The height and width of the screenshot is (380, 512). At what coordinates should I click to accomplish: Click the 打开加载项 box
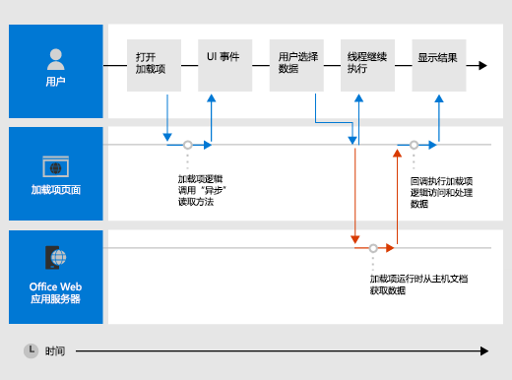pos(154,65)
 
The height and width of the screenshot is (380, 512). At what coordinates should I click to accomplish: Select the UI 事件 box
pos(224,65)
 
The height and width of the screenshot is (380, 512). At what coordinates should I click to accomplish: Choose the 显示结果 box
pos(437,65)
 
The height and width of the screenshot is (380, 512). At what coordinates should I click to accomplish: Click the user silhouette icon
pos(55,57)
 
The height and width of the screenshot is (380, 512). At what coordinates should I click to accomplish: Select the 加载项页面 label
pos(55,190)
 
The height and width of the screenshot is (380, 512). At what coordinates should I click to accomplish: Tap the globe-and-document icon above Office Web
pos(55,259)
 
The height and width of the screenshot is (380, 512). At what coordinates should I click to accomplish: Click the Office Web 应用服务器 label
pos(55,292)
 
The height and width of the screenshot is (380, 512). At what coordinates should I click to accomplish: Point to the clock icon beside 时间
pos(32,349)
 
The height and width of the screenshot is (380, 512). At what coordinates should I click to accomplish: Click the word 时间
pos(55,349)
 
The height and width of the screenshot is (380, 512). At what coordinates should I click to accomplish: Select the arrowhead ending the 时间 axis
pos(483,349)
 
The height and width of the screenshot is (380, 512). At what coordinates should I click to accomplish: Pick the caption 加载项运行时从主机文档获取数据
pos(412,285)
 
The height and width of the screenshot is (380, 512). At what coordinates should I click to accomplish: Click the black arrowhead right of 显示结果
pos(482,65)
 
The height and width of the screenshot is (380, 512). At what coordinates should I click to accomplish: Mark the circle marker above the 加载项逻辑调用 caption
pos(187,145)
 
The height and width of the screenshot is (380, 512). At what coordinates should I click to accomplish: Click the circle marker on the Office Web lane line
pos(373,248)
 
